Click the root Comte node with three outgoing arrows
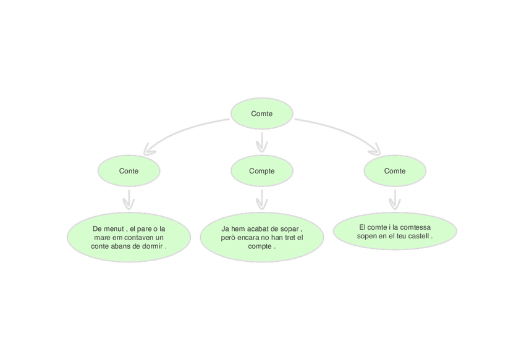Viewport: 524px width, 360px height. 262,114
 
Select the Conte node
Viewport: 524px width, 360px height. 129,171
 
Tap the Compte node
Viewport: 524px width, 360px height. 262,171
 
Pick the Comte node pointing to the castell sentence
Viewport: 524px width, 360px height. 395,171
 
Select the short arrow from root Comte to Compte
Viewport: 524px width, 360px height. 262,142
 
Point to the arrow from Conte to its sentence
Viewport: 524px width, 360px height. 129,199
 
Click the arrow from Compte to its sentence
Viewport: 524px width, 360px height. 262,199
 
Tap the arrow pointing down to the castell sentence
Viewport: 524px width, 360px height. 395,199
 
